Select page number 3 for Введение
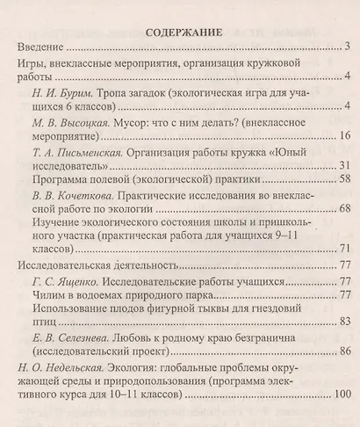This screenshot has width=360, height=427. [348, 47]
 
